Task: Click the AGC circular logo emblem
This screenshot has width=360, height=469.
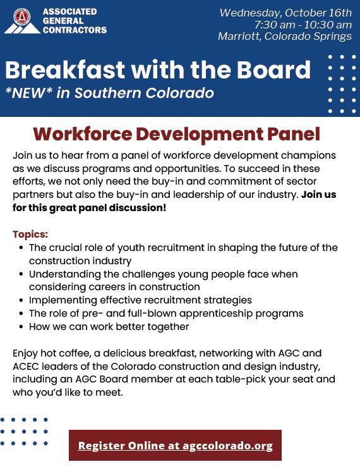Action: click(x=21, y=16)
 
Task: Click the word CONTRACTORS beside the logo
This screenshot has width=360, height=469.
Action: click(x=75, y=30)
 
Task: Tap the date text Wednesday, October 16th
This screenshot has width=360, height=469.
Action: click(x=285, y=13)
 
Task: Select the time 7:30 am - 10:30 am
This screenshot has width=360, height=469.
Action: click(x=303, y=25)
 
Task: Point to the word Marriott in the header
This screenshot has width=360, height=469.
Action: click(x=239, y=36)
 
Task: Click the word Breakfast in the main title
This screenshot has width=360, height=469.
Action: click(x=65, y=70)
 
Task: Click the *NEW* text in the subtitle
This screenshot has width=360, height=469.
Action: click(x=29, y=93)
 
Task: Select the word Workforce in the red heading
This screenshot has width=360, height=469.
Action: click(x=83, y=134)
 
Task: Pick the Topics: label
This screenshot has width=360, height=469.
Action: click(x=30, y=234)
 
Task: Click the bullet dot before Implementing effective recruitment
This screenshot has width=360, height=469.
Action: click(x=21, y=300)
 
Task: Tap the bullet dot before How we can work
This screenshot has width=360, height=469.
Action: click(x=21, y=327)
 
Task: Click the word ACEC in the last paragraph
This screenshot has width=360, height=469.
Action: click(x=26, y=367)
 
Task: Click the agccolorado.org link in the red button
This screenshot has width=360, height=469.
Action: click(x=227, y=446)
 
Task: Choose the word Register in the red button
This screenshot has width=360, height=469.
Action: click(x=101, y=446)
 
